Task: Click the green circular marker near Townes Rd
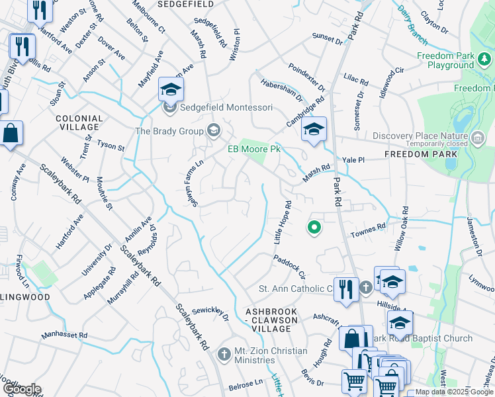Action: point(314,228)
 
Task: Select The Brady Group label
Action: point(169,131)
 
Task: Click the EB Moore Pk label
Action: point(255,150)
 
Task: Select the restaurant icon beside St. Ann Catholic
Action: point(346,289)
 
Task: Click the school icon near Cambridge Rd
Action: point(314,129)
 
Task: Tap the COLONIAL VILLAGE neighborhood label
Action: point(79,124)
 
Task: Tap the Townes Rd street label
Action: point(368,229)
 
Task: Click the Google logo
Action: point(21,389)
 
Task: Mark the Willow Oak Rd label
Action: point(402,228)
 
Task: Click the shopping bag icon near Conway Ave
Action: point(11,134)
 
